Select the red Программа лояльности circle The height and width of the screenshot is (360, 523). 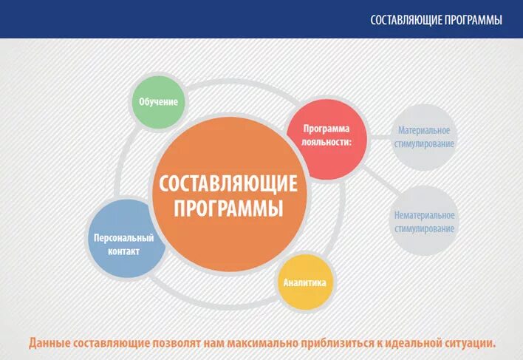pyautogui.click(x=326, y=137)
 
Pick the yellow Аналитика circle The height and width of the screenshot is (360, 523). pyautogui.click(x=304, y=282)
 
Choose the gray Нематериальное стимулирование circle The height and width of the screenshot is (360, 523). pyautogui.click(x=424, y=222)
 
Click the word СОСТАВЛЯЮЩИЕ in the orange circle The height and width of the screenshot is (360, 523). pyautogui.click(x=228, y=182)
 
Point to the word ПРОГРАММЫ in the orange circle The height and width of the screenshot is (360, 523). pyautogui.click(x=228, y=208)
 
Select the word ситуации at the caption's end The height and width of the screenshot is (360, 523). pyautogui.click(x=470, y=343)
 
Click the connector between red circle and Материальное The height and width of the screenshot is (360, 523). pyautogui.click(x=379, y=137)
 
